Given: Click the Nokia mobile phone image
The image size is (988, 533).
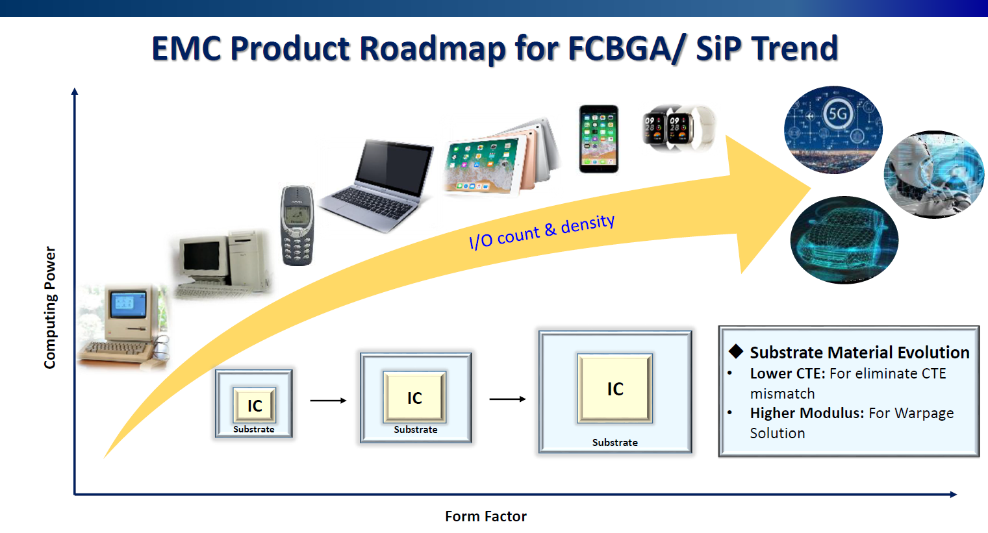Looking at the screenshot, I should click(x=297, y=225).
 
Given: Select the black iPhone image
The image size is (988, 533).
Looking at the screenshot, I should click(x=598, y=139).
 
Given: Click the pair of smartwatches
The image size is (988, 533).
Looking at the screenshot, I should click(x=678, y=129).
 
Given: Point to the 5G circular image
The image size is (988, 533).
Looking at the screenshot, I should click(x=833, y=129).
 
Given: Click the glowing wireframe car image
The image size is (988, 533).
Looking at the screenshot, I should click(x=844, y=240).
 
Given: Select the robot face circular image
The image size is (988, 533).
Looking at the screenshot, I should click(x=933, y=175).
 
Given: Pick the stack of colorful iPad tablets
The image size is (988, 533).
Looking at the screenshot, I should click(x=501, y=158).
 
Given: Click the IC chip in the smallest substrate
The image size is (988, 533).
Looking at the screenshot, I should click(x=255, y=405).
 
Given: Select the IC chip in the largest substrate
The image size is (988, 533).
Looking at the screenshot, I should click(x=614, y=388).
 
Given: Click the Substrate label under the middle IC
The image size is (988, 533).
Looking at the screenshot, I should click(x=416, y=430).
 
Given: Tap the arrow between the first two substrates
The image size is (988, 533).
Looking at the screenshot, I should click(x=328, y=401).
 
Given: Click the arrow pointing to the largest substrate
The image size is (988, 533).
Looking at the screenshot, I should click(x=507, y=399).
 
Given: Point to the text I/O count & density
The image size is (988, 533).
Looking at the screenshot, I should click(x=542, y=232).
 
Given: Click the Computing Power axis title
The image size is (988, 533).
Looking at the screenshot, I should click(x=50, y=308).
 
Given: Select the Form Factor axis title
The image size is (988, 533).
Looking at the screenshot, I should click(x=485, y=516).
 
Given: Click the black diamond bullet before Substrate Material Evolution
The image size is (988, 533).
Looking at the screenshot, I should click(x=735, y=352).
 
